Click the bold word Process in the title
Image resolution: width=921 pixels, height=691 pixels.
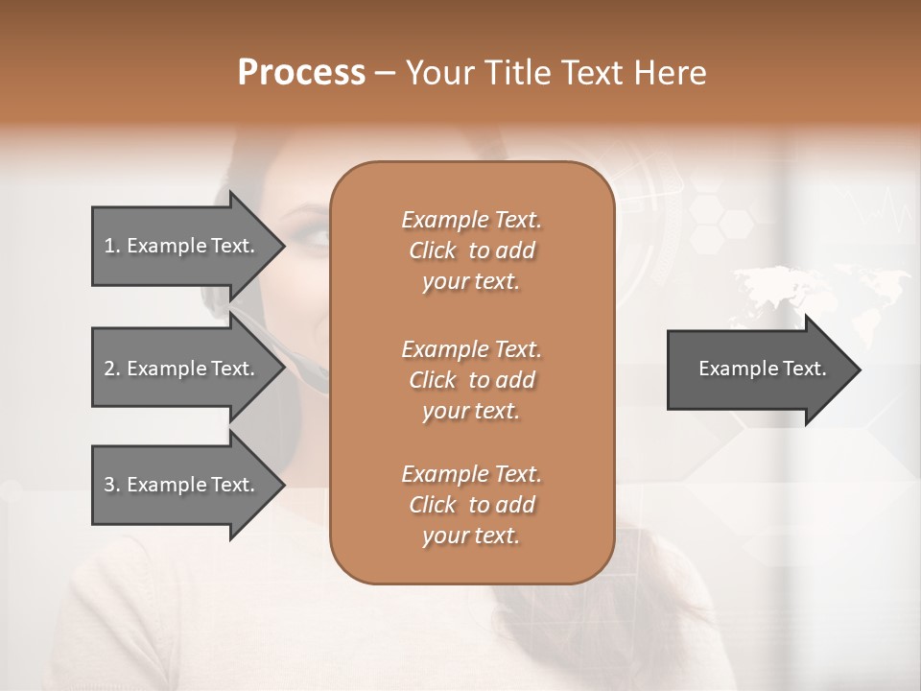click(x=301, y=73)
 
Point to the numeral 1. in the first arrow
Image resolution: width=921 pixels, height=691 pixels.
click(x=111, y=246)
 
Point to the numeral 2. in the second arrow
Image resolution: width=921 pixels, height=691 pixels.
click(x=111, y=369)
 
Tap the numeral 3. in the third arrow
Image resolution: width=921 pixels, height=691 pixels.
click(x=111, y=485)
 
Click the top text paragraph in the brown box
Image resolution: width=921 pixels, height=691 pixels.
click(x=471, y=250)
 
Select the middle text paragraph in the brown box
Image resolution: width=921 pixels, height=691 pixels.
click(x=471, y=380)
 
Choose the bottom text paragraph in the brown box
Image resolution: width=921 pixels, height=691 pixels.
click(x=471, y=505)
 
